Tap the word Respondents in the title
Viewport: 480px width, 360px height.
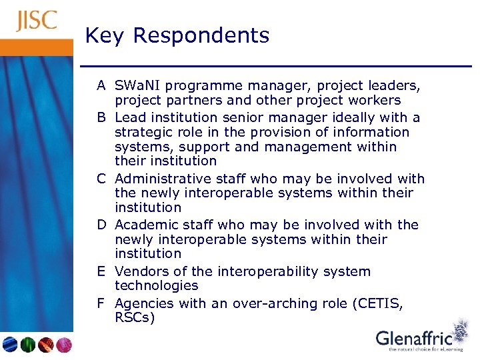click(x=201, y=35)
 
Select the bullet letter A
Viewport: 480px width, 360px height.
click(x=101, y=86)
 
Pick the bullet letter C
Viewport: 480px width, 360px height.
click(x=101, y=179)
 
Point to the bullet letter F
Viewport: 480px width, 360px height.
click(x=101, y=303)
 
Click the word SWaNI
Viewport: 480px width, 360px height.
click(x=137, y=86)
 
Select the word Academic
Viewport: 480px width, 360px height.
click(x=147, y=225)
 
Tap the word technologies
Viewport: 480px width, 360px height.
click(x=156, y=285)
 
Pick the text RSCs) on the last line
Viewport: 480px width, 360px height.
click(x=135, y=317)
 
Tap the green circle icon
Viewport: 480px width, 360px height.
click(x=28, y=345)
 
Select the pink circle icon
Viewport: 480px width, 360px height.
click(x=64, y=345)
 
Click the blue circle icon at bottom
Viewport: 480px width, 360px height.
click(x=10, y=345)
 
